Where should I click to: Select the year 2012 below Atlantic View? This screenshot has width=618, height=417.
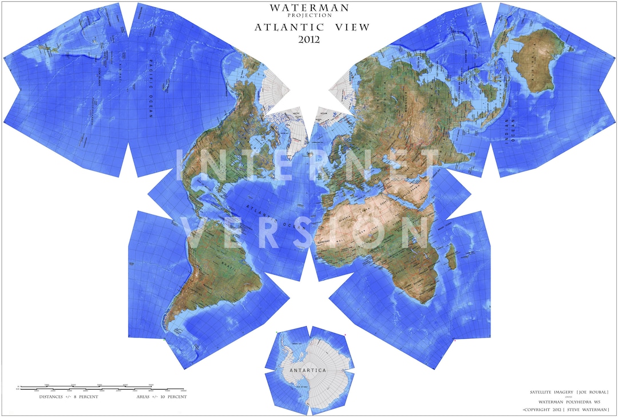(309, 39)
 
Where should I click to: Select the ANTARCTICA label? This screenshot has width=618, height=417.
(307, 370)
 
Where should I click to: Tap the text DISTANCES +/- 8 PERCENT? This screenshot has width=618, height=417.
(69, 396)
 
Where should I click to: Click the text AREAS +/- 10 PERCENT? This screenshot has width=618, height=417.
(161, 396)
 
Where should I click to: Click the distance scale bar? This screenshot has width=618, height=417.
(86, 388)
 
